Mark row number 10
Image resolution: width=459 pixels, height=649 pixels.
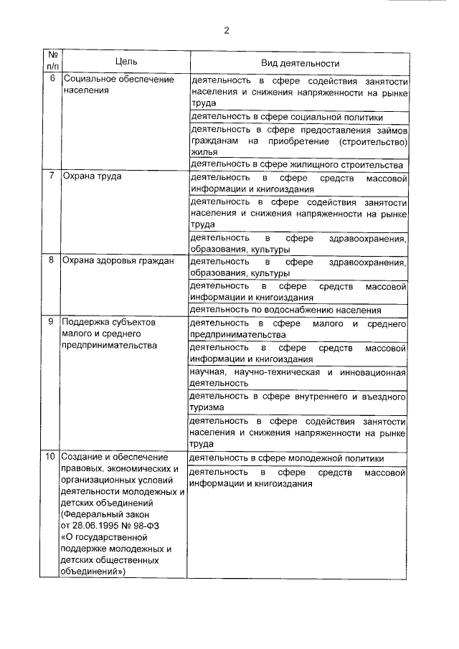tap(50, 458)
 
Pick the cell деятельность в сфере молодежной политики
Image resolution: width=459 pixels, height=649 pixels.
tap(287, 458)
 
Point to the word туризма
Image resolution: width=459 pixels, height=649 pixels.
tap(208, 407)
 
